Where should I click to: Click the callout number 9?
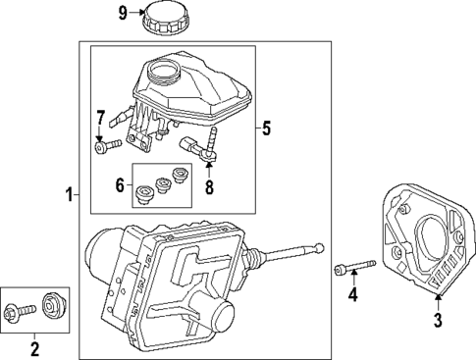coord(123,14)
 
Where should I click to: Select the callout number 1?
coord(69,195)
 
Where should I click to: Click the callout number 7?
coord(99,120)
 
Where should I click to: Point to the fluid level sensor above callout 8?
coord(202,147)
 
